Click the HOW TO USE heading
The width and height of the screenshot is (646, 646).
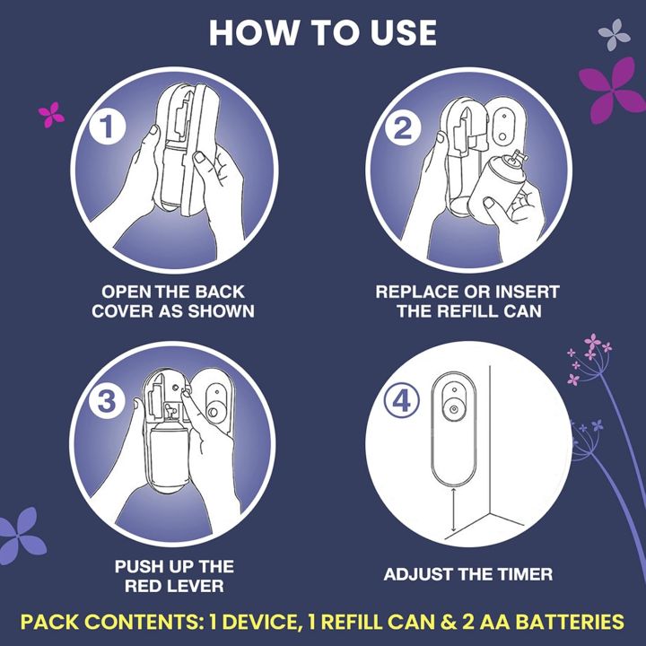pos(322,32)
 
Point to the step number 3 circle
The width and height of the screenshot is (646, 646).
pos(108,402)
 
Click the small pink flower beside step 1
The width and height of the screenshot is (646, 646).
pos(51,114)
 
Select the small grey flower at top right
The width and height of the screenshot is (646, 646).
pos(614,35)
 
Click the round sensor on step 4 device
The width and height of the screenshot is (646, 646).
pos(455,409)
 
